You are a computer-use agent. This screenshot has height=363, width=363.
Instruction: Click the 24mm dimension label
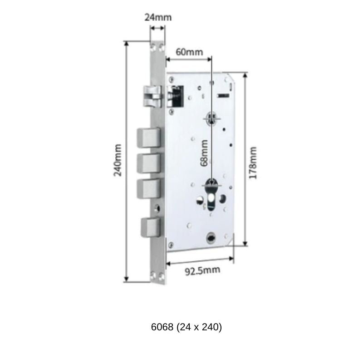(158, 17)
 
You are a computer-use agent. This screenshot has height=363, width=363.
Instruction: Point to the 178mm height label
(253, 162)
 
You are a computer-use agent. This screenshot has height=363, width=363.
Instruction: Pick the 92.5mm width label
(202, 271)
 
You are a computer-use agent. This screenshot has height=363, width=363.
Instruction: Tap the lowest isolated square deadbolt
(150, 227)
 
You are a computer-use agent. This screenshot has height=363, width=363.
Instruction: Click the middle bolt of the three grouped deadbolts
(148, 162)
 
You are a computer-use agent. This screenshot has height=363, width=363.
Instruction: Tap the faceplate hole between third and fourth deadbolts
(157, 208)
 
